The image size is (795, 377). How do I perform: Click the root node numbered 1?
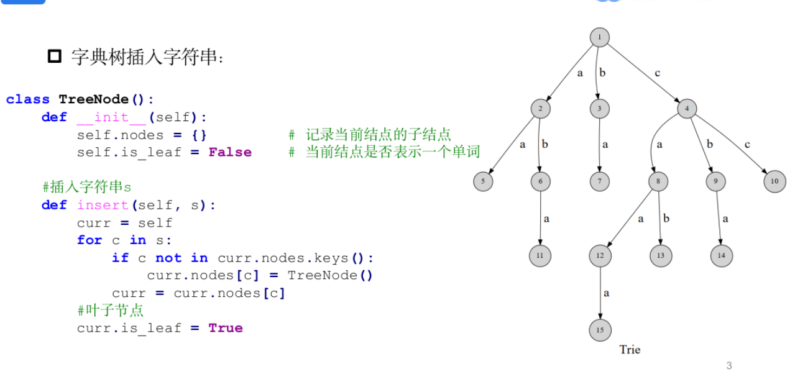click(x=599, y=37)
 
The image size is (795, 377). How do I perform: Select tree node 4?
click(x=687, y=109)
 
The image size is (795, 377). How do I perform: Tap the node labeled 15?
click(x=600, y=330)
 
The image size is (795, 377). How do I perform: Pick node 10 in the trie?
click(x=774, y=182)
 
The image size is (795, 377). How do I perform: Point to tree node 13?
click(x=661, y=256)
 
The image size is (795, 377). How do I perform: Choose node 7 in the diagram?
click(x=599, y=182)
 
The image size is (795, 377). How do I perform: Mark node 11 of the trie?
click(x=540, y=256)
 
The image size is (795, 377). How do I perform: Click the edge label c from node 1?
click(x=657, y=73)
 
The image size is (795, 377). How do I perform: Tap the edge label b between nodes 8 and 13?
click(x=666, y=219)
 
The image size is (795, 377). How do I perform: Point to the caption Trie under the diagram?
click(x=629, y=350)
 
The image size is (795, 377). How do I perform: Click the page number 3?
click(x=729, y=366)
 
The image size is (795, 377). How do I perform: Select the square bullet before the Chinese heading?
click(x=55, y=57)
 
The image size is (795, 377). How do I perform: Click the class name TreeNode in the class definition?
click(x=94, y=99)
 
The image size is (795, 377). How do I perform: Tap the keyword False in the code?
click(x=230, y=152)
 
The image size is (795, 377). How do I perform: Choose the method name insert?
click(x=103, y=205)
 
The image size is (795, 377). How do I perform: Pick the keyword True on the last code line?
click(x=226, y=328)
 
